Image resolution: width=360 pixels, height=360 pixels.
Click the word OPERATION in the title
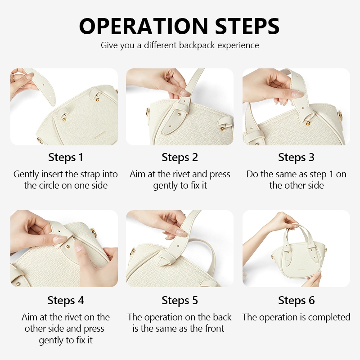(144, 26)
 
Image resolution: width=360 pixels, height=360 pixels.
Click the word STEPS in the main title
(247, 26)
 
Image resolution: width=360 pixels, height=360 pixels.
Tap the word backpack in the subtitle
(197, 45)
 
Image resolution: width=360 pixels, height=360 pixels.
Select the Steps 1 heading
(66, 157)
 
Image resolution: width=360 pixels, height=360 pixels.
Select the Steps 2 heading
(180, 157)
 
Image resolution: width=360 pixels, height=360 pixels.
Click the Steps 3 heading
(296, 157)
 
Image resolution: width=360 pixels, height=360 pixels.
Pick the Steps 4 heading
(66, 300)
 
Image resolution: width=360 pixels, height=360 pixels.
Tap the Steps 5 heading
(180, 300)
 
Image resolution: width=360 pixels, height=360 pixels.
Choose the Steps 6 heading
(296, 300)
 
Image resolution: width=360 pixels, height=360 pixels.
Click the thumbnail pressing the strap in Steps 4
(59, 239)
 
